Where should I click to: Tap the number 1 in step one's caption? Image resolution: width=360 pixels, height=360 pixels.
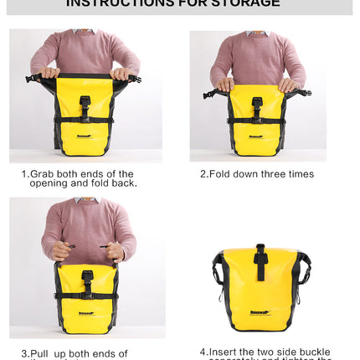point(23,174)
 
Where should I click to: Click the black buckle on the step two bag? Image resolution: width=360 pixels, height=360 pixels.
point(256,106)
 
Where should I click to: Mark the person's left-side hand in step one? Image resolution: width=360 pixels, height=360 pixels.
point(50,73)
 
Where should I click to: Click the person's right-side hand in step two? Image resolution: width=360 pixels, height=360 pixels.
point(289,84)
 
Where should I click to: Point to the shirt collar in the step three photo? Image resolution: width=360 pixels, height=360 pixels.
point(86,201)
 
